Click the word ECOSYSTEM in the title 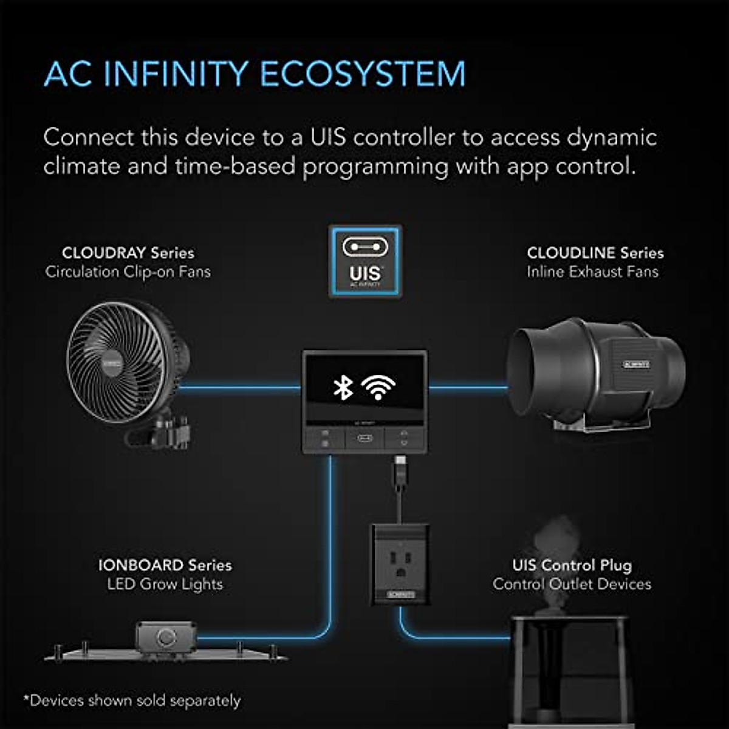tap(363, 74)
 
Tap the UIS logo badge tap(365, 262)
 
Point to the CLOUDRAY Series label tap(128, 253)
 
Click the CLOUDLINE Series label tap(595, 253)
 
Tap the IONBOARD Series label tap(165, 565)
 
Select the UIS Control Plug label tap(572, 565)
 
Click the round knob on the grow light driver tap(166, 637)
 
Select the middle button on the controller tap(364, 438)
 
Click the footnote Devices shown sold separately tap(132, 700)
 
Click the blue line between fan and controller tap(240, 387)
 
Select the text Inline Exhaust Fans tap(592, 272)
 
